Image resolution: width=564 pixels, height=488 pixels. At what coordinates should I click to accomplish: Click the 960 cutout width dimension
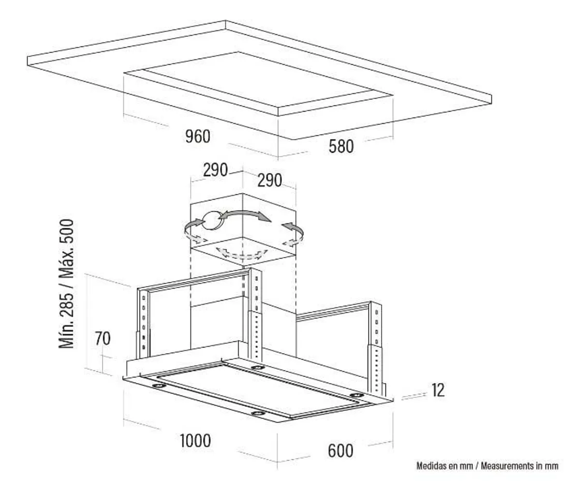pyautogui.click(x=198, y=137)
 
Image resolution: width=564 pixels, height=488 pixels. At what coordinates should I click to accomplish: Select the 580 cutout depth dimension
pyautogui.click(x=341, y=146)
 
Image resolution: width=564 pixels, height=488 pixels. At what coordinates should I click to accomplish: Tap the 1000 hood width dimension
pyautogui.click(x=195, y=441)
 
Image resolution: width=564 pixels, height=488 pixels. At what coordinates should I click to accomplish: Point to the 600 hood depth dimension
pyautogui.click(x=341, y=450)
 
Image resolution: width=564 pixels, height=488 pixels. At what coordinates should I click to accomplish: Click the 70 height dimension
pyautogui.click(x=102, y=339)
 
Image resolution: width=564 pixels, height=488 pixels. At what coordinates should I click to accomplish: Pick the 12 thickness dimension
pyautogui.click(x=438, y=390)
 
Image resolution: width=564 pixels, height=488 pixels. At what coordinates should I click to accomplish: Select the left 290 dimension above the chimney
pyautogui.click(x=215, y=170)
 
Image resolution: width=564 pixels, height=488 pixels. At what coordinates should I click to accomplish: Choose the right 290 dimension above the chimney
pyautogui.click(x=269, y=180)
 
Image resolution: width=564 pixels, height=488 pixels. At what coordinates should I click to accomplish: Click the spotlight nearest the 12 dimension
pyautogui.click(x=356, y=396)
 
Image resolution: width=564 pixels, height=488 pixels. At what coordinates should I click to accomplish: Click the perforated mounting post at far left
pyautogui.click(x=143, y=321)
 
